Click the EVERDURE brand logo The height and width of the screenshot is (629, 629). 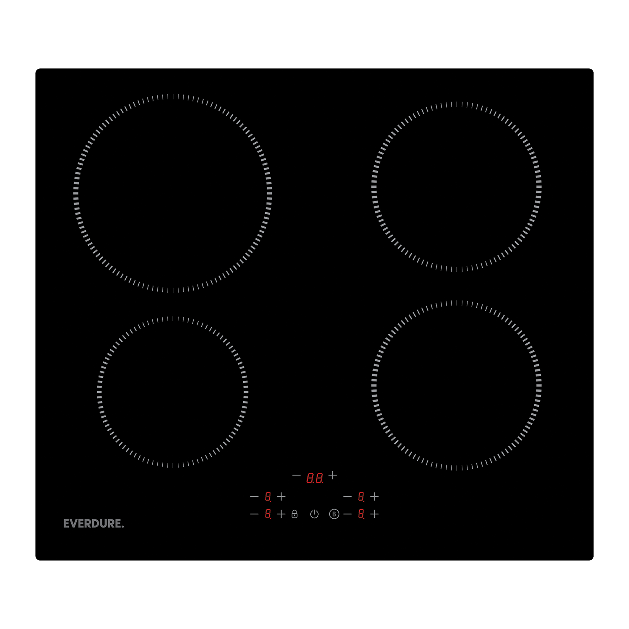coord(94,523)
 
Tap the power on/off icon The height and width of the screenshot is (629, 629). coord(314,514)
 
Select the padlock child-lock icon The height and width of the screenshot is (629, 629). coord(294,514)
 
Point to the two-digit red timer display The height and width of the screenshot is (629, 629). coord(314,478)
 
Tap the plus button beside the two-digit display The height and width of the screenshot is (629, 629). coord(333,475)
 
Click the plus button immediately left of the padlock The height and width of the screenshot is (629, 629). coord(281,514)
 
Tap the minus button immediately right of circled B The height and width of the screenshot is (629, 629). coord(348,514)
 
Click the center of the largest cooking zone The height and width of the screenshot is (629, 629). coord(173,193)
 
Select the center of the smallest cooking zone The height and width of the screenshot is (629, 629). coord(173,392)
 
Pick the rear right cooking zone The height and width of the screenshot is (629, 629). coord(457,187)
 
